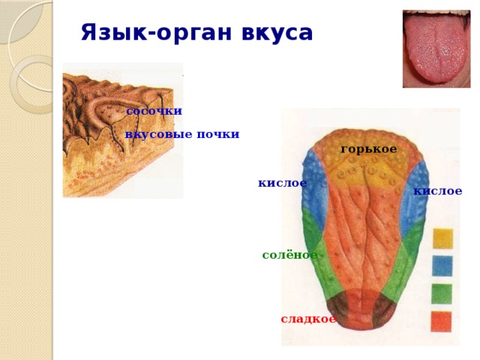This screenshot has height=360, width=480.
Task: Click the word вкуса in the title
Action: click(x=278, y=34)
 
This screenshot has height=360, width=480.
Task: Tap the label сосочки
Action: click(x=154, y=111)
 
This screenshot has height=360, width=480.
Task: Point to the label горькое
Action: click(x=369, y=149)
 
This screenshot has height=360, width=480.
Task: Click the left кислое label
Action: click(x=282, y=183)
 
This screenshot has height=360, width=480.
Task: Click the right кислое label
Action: click(x=438, y=191)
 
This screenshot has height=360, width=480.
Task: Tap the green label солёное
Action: click(x=289, y=255)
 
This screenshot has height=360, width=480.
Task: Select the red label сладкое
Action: click(x=308, y=319)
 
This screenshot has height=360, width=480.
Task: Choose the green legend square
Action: click(x=442, y=293)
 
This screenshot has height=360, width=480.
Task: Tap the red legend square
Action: click(x=442, y=321)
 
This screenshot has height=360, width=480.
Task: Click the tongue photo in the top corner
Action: click(x=436, y=49)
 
